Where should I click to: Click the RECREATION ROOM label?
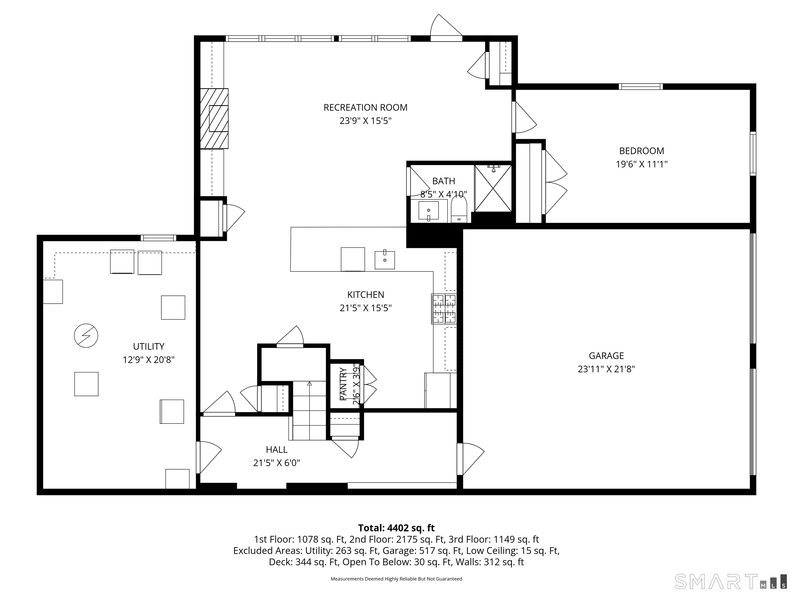click(365, 108)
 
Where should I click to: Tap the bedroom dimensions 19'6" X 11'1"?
click(641, 164)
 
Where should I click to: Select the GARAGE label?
click(606, 356)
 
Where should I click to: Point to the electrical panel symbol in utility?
click(86, 336)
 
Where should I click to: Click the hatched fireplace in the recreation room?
click(214, 118)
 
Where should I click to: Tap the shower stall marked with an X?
click(493, 188)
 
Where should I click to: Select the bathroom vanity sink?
click(429, 210)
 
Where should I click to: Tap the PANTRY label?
click(343, 384)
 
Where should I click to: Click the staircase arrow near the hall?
click(310, 384)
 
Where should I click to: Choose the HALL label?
click(276, 450)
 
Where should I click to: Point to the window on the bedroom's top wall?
click(641, 87)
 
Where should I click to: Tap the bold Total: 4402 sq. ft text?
click(396, 528)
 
